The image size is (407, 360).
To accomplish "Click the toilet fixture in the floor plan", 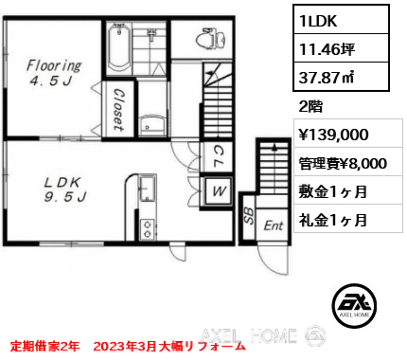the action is (211, 39).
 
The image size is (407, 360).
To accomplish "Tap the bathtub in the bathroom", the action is (119, 48).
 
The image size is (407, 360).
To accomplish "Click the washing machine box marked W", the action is (218, 191).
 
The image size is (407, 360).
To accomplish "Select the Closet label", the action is (118, 109).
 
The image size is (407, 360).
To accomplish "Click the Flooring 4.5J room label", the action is (54, 73).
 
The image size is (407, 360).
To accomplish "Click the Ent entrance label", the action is (274, 225).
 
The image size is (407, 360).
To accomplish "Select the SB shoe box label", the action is (249, 216).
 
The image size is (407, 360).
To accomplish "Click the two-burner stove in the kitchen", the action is (148, 228).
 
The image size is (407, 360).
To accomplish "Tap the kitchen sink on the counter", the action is (147, 189).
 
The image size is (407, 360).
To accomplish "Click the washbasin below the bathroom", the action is (152, 126).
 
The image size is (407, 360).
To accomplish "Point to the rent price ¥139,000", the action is (333, 135).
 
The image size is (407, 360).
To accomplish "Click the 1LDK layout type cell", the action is (341, 21).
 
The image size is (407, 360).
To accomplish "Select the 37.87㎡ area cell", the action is (341, 77).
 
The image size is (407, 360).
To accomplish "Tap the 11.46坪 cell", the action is (341, 48).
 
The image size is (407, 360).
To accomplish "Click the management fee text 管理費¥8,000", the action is (343, 164).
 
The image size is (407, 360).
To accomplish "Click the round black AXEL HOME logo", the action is (354, 305).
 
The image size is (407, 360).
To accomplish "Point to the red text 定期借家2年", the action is (44, 346).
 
